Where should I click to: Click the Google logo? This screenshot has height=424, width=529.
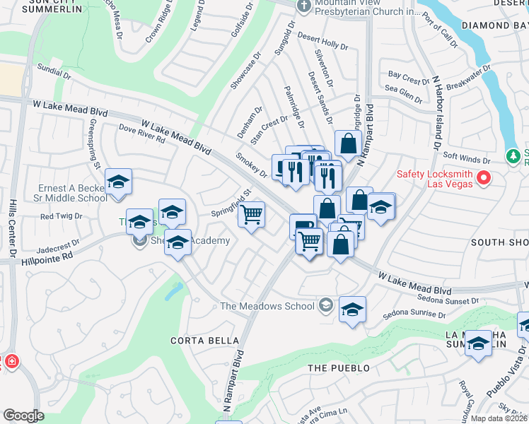[23, 416]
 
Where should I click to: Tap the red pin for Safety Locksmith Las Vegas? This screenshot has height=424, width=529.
[484, 177]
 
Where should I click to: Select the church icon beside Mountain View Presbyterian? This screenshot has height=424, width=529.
[303, 6]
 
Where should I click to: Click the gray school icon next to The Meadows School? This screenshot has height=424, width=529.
[325, 305]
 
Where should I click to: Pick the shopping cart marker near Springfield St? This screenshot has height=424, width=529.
[252, 214]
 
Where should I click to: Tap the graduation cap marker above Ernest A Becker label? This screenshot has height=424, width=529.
[118, 182]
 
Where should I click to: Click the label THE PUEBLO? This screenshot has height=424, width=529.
[339, 368]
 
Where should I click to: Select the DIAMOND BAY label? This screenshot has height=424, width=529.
[494, 25]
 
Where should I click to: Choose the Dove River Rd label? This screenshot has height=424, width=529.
[141, 134]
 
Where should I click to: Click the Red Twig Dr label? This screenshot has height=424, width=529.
[62, 216]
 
